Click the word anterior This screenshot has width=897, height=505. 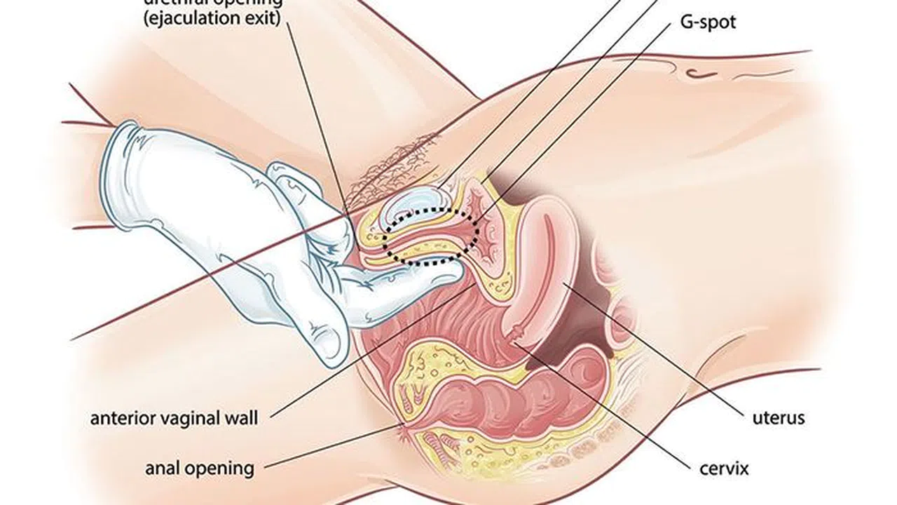coord(123,419)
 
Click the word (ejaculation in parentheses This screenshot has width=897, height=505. coord(182,18)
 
